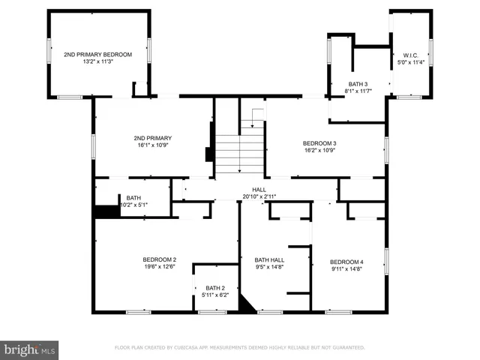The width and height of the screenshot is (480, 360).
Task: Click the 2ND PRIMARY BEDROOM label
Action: (97, 55)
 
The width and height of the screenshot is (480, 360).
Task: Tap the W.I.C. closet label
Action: (410, 55)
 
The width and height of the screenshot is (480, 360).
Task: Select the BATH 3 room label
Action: (358, 84)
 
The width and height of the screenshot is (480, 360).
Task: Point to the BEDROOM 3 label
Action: (319, 143)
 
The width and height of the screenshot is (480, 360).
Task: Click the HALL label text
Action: (259, 189)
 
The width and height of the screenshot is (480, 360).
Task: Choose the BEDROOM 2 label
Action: (160, 259)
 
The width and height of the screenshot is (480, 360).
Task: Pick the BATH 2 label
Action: (215, 287)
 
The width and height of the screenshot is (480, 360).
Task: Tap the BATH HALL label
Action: (269, 259)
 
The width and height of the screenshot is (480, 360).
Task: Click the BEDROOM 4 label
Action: (346, 261)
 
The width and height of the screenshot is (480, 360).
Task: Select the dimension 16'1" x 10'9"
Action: (153, 145)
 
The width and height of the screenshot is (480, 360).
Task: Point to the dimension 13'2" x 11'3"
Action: (97, 62)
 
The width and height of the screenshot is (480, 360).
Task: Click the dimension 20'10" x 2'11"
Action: (259, 196)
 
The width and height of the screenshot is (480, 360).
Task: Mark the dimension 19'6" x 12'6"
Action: (160, 266)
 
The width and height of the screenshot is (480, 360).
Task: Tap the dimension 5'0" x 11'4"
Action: (410, 62)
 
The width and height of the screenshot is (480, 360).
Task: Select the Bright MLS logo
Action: (29, 349)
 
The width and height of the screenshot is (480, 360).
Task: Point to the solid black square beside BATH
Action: (107, 211)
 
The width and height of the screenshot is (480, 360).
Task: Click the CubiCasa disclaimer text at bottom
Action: (239, 348)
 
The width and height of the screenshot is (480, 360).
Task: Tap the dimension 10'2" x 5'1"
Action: (133, 205)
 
